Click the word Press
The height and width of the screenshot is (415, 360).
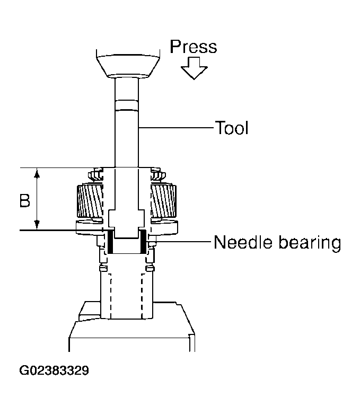point(193,47)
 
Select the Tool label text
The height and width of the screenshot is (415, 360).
point(231,128)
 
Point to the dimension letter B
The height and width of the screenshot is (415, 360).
point(24,201)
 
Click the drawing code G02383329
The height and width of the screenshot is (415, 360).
point(54,369)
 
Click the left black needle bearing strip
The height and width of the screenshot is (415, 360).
point(110,241)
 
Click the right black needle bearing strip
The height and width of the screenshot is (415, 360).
point(143,241)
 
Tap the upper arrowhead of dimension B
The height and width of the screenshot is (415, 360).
point(37,173)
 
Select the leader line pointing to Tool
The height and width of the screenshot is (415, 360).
point(175,128)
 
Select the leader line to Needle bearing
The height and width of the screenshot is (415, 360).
point(180,243)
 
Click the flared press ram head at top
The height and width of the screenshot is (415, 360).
point(127,64)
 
